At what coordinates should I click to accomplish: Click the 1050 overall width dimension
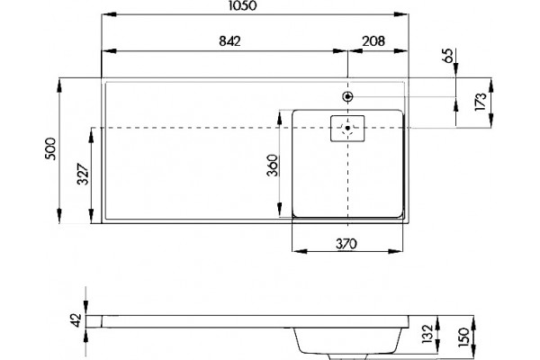tap(243, 5)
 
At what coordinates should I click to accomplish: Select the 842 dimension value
tap(229, 41)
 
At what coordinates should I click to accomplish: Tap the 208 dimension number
tap(373, 41)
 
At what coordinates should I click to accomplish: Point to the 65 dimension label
tap(448, 56)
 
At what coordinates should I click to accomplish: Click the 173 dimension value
tap(481, 102)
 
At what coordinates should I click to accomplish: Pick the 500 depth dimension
tap(50, 148)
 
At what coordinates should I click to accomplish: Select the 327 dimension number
tap(83, 174)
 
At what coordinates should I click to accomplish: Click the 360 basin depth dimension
tap(272, 165)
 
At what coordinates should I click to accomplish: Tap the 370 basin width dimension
tap(346, 244)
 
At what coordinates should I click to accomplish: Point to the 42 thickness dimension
tap(77, 320)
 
